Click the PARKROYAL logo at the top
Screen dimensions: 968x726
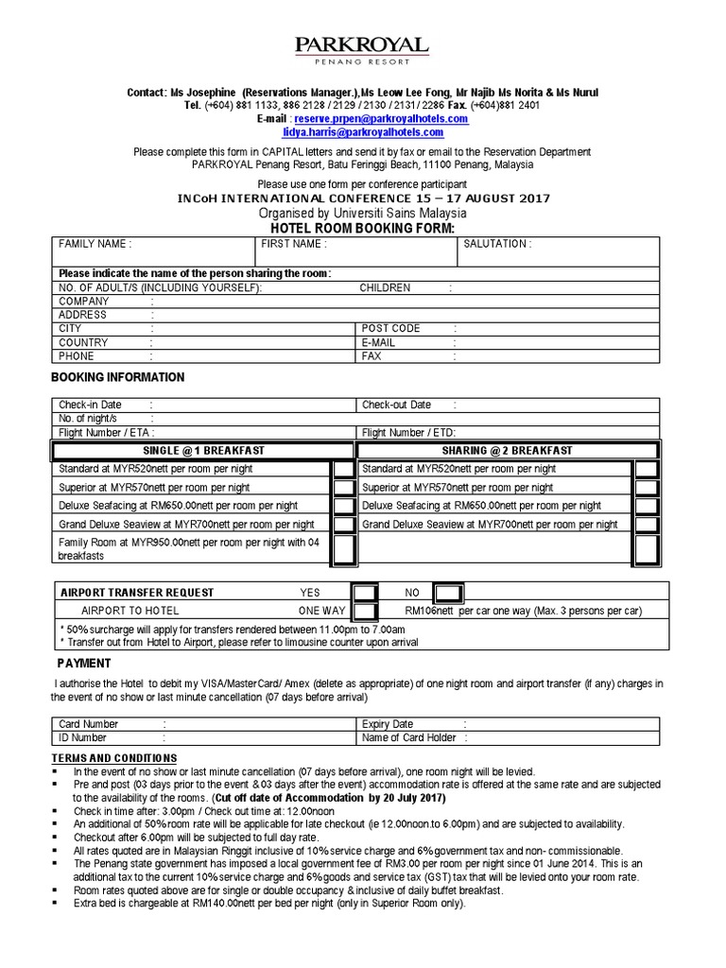[x=362, y=48]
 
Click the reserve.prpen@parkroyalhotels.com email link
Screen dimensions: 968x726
[x=381, y=119]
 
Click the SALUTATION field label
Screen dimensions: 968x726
[x=496, y=244]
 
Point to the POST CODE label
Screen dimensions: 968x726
[x=391, y=328]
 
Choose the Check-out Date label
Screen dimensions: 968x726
[x=396, y=405]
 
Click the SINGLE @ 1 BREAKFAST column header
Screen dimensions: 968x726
[x=203, y=451]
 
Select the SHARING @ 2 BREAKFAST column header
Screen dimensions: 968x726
[x=507, y=451]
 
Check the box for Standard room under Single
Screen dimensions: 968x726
[x=344, y=470]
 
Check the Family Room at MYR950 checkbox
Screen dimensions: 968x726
[x=344, y=549]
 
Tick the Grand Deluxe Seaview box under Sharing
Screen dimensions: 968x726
[x=647, y=525]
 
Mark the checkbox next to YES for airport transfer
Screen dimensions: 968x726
[x=366, y=593]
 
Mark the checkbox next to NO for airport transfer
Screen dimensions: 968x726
[x=449, y=593]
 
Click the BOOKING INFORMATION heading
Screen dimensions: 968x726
[x=117, y=377]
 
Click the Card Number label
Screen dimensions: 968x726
[x=89, y=724]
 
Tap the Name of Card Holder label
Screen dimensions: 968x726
[x=409, y=737]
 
